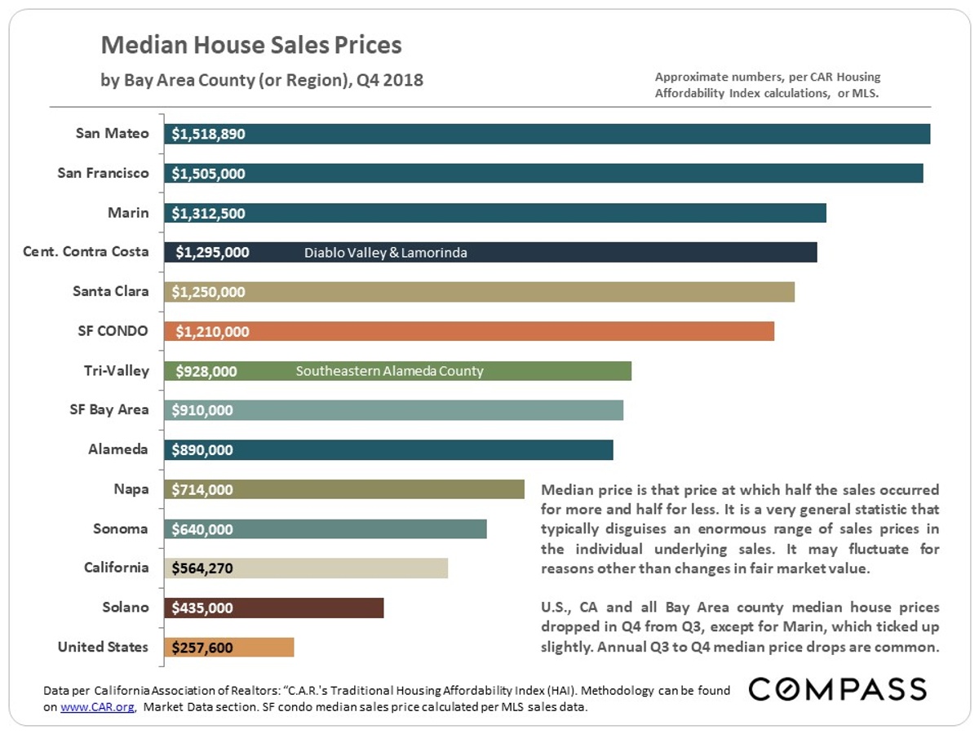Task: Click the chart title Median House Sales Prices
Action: coord(251,45)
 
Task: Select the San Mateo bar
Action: coord(547,134)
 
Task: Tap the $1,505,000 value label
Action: coord(208,174)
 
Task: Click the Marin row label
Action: coord(128,213)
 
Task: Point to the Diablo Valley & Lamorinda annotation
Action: coord(386,253)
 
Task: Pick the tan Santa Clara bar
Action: coord(479,292)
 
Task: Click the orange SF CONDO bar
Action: coord(469,331)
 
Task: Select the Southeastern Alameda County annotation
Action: coord(389,371)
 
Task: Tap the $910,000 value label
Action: coord(202,410)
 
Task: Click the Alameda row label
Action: coord(118,449)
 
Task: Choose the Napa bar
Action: coord(343,489)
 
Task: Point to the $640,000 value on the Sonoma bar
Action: coord(202,529)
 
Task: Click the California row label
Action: coord(116,568)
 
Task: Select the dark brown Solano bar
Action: coord(273,608)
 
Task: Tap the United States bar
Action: coord(228,647)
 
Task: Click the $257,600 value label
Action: coord(202,648)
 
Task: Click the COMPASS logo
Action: coord(837,689)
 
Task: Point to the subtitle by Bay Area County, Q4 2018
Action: coord(262,81)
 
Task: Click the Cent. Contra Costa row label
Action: coord(86,252)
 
